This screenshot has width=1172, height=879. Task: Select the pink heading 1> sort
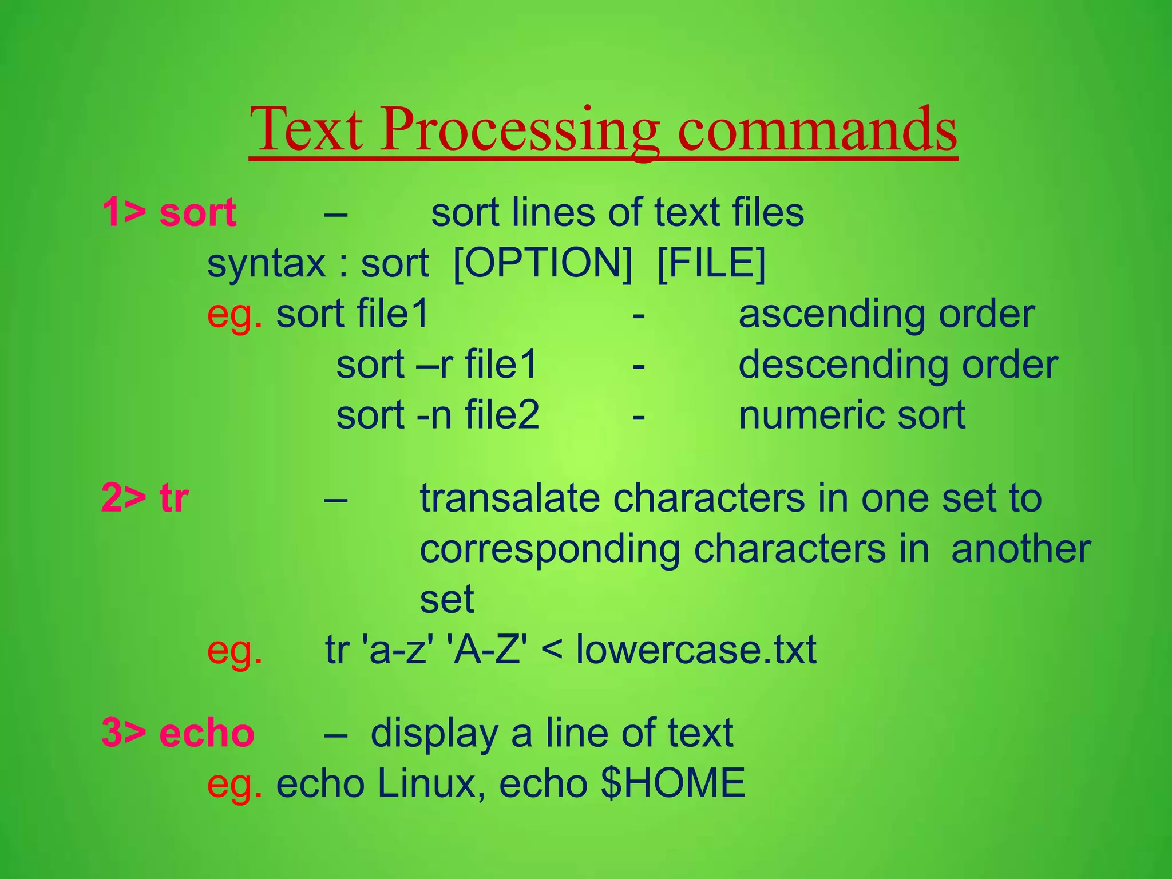click(x=169, y=212)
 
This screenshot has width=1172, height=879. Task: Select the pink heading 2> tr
click(x=145, y=498)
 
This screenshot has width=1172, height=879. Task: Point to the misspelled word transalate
click(x=509, y=498)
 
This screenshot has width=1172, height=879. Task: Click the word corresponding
click(x=550, y=549)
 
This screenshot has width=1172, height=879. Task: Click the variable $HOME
click(x=673, y=783)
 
